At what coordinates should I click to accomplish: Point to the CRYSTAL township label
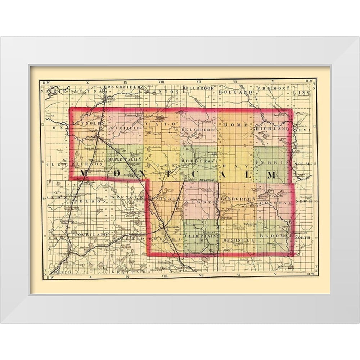pyautogui.click(x=280, y=203)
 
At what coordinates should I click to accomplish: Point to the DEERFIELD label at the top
pyautogui.click(x=121, y=87)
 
